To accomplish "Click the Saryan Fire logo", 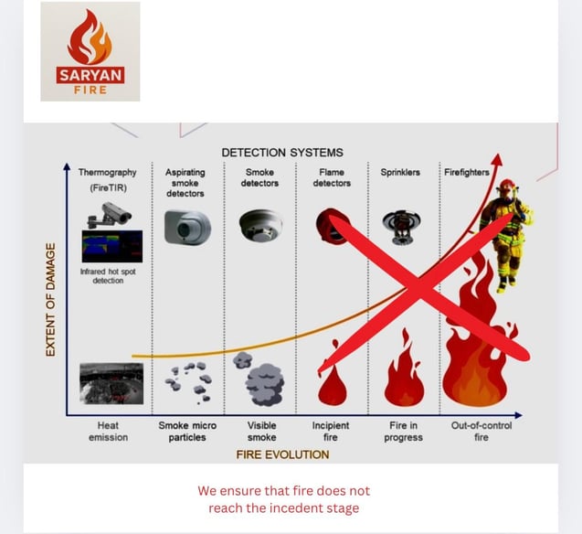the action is (x=90, y=51).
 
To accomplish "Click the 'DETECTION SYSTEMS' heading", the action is (x=282, y=152).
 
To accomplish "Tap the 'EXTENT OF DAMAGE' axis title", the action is (x=51, y=299).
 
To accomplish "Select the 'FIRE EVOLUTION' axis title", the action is (x=282, y=454).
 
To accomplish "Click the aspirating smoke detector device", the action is (x=187, y=227).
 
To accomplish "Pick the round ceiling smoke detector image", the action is (x=260, y=224).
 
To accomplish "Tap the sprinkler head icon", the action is (x=399, y=225).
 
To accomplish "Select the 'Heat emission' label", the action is (x=108, y=432).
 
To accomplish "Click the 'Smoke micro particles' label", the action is (x=186, y=432).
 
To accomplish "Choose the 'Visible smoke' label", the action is (x=261, y=432).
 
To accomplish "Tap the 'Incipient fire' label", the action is (x=331, y=432).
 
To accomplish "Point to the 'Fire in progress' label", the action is (x=403, y=432).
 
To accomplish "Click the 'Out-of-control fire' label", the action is (x=481, y=432).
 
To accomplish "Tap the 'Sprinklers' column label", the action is (x=400, y=171).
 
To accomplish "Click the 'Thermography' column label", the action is (x=107, y=171).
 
